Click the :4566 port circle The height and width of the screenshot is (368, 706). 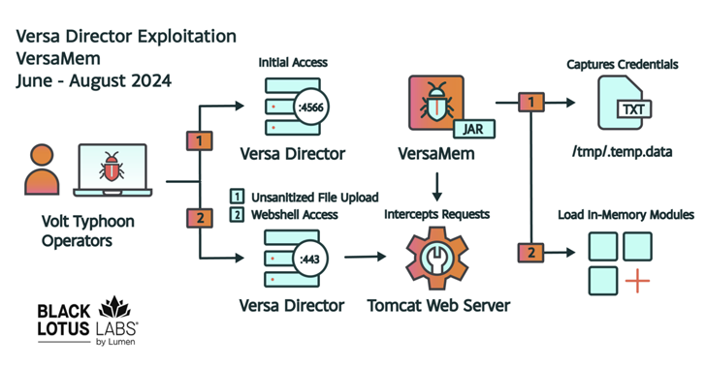pyautogui.click(x=311, y=107)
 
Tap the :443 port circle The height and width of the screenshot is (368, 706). pyautogui.click(x=310, y=260)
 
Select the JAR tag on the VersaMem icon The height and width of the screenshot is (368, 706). pyautogui.click(x=473, y=129)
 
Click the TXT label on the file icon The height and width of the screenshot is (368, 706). pyautogui.click(x=633, y=109)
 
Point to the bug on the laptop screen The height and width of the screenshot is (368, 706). pyautogui.click(x=112, y=167)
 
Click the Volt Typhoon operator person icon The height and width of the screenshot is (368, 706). pyautogui.click(x=42, y=169)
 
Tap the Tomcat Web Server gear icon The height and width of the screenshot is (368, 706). pyautogui.click(x=436, y=259)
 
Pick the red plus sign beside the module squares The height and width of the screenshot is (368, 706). pyautogui.click(x=637, y=281)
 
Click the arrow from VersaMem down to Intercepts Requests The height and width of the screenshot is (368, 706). pyautogui.click(x=436, y=187)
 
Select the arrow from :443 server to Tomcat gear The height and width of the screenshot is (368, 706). pyautogui.click(x=366, y=257)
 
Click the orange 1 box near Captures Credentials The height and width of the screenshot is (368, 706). pyautogui.click(x=530, y=102)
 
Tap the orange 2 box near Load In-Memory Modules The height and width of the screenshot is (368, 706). pyautogui.click(x=530, y=253)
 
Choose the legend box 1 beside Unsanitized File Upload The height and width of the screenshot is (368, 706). pyautogui.click(x=237, y=197)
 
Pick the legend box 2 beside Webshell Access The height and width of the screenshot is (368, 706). pyautogui.click(x=237, y=214)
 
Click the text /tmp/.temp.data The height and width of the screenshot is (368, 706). pyautogui.click(x=623, y=152)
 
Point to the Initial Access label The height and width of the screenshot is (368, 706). pyautogui.click(x=293, y=63)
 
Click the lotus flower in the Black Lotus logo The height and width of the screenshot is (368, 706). pyautogui.click(x=114, y=307)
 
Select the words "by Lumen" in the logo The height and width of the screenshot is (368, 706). pyautogui.click(x=115, y=342)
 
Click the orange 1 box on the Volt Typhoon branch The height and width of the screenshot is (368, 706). pyautogui.click(x=200, y=140)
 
